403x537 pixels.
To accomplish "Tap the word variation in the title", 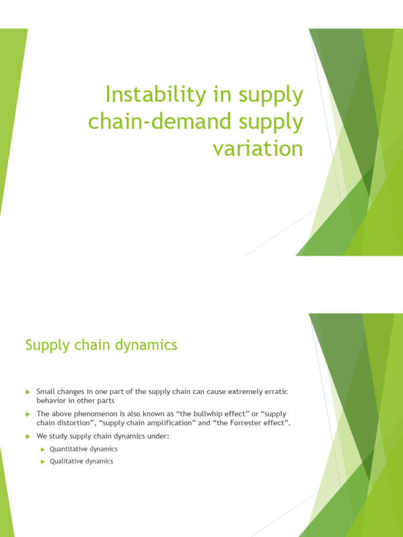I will coord(258,149).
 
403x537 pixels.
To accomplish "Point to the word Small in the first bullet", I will coord(46,392).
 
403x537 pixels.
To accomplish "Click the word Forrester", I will coord(251,423).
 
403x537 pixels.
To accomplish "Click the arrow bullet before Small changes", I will coord(28,392).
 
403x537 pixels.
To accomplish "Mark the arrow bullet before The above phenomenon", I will coord(28,414).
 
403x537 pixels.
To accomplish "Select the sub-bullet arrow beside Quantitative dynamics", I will coord(44,449).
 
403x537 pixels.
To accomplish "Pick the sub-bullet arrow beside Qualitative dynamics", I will coord(44,461).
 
